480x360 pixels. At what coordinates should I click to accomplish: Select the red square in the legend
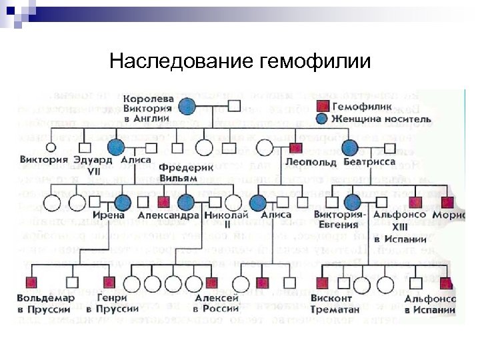322,106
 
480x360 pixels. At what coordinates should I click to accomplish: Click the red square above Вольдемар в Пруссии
29,282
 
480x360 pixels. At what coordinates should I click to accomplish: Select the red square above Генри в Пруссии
109,282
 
